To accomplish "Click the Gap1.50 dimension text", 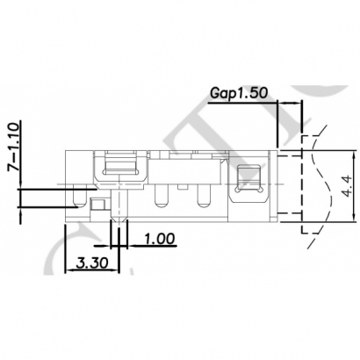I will tap(240, 92).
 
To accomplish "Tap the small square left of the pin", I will tap(98, 205).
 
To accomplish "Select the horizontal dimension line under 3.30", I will tap(88, 271).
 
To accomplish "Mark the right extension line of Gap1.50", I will tap(302, 123).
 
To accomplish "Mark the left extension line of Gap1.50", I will tap(279, 123).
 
